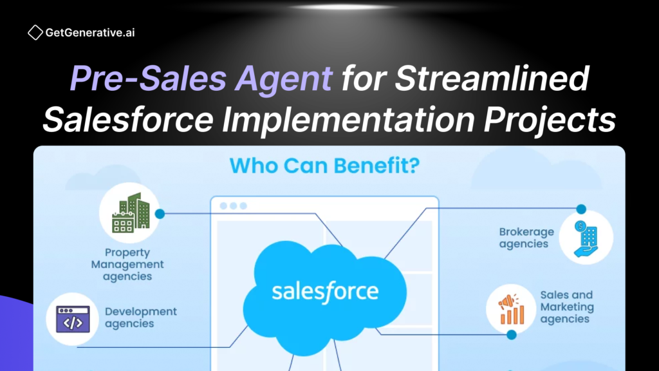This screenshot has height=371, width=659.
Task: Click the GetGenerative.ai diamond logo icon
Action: pos(35,32)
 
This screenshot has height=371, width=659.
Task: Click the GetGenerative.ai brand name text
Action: pos(90,33)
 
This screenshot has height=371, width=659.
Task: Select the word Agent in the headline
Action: pos(284,78)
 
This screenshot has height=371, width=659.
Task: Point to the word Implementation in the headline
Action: pos(348,119)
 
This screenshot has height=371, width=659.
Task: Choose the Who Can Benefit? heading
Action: pos(324,166)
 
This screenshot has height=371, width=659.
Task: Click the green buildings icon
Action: pos(131,213)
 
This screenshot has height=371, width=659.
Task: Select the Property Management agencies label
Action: pos(127,264)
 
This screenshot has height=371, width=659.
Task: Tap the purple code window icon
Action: pos(73,319)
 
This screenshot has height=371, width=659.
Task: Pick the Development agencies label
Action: pos(141,318)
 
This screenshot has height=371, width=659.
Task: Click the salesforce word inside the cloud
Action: pos(325,292)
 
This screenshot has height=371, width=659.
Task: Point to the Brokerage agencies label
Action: pos(526,238)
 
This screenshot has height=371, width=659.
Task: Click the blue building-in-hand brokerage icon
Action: pos(586,238)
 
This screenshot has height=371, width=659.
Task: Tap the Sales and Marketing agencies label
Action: pos(567,307)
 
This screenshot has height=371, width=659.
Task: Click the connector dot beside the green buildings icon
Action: pos(160,214)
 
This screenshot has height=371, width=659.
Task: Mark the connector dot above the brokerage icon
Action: pos(581,209)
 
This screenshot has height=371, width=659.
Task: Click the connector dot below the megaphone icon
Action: pos(512,335)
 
